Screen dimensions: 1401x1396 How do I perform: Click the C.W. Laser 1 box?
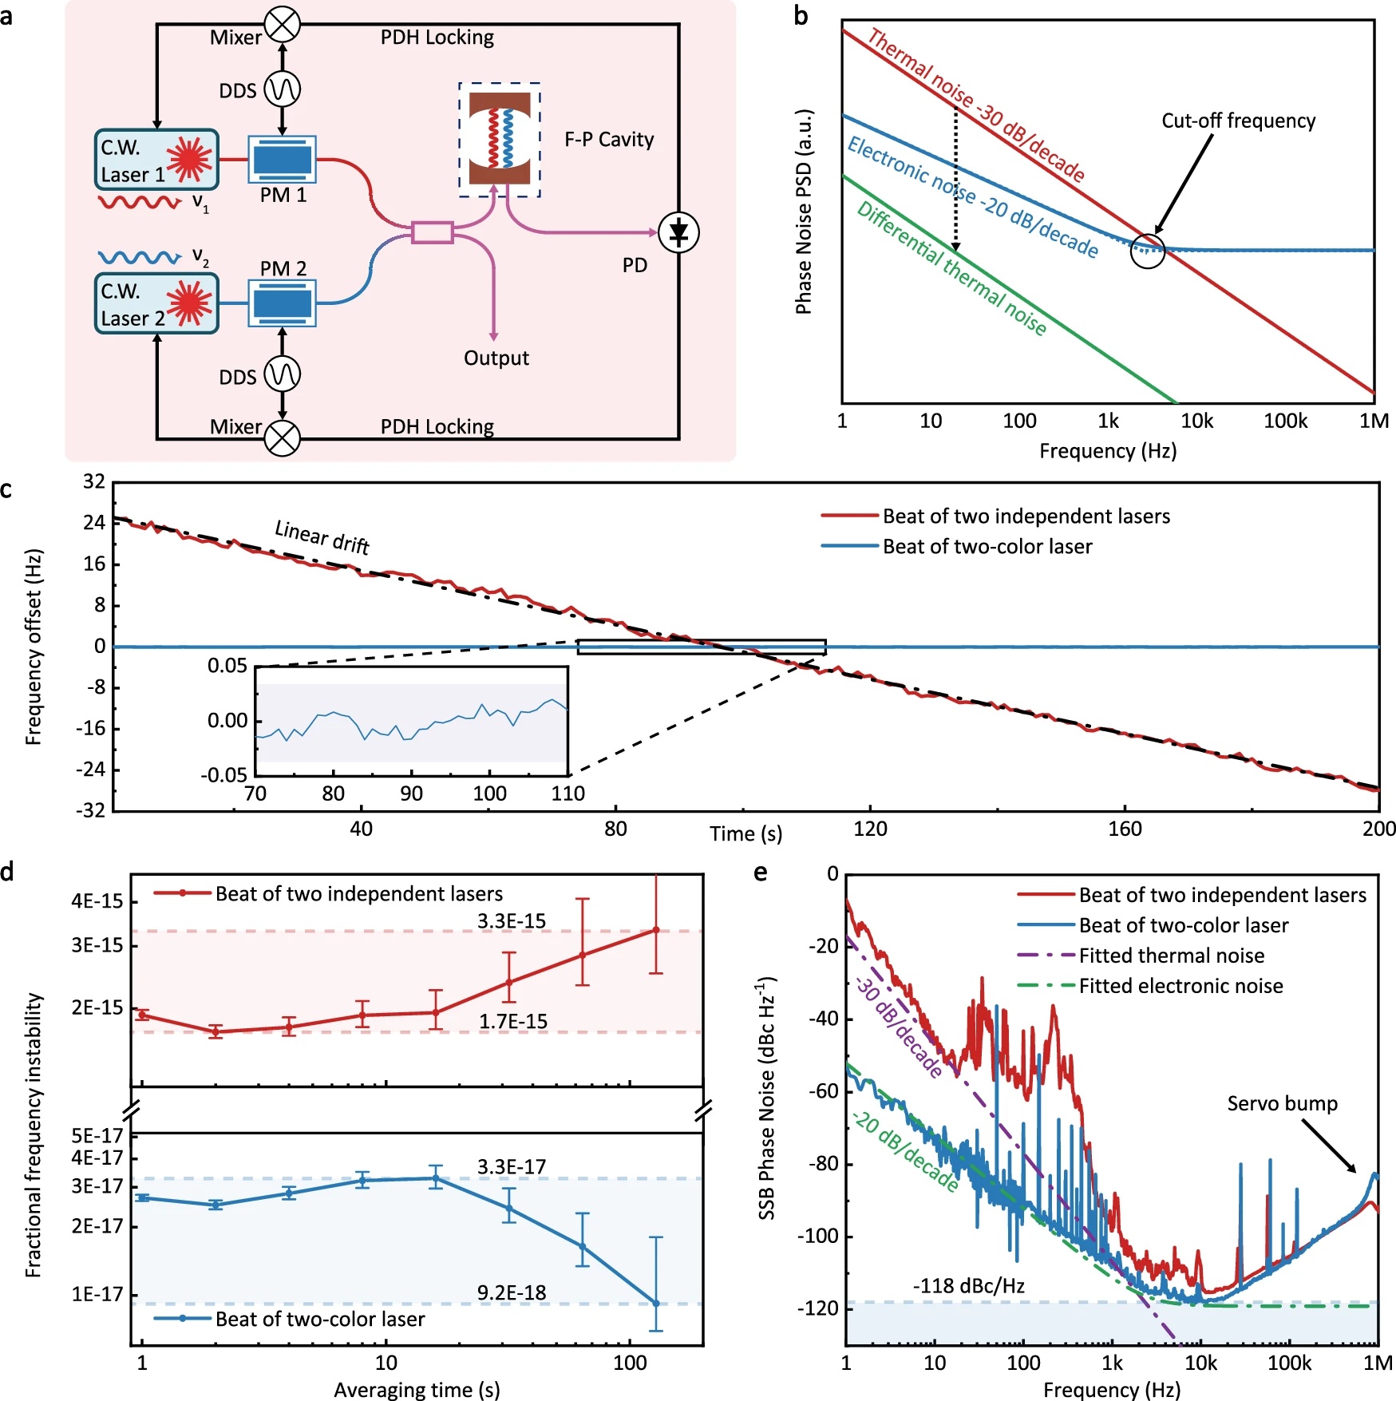click(156, 159)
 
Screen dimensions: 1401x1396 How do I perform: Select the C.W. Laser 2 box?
click(156, 303)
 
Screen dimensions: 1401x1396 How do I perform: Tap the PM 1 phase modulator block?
click(283, 159)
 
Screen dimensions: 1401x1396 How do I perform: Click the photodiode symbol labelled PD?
click(678, 233)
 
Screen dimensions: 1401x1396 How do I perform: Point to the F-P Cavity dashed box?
click(500, 140)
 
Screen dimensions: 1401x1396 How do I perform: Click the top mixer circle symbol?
click(282, 25)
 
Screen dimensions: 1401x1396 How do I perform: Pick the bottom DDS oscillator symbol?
click(282, 374)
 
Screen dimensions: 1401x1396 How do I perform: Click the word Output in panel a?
click(496, 358)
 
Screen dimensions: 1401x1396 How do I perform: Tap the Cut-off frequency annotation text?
click(1238, 121)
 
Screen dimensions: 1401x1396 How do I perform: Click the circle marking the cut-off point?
click(1148, 251)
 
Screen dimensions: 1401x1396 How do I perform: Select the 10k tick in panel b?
click(1196, 421)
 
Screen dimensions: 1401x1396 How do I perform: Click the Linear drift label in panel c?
click(322, 536)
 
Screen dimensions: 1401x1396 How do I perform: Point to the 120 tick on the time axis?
click(869, 829)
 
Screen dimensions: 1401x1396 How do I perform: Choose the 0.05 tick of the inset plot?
click(227, 666)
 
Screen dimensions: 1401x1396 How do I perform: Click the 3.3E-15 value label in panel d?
click(512, 921)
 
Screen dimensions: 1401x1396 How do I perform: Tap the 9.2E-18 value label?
click(512, 1292)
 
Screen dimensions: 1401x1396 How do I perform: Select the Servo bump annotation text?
click(1282, 1103)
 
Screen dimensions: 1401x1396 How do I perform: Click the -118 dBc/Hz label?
click(968, 1285)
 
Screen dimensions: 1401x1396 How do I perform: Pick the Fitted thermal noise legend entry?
click(1171, 956)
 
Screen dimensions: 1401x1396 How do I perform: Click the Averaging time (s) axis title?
click(417, 1390)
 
